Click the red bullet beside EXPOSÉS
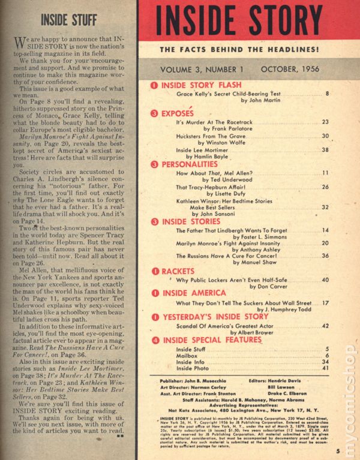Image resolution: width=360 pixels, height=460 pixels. [x=154, y=112]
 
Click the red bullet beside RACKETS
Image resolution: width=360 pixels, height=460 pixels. [x=154, y=271]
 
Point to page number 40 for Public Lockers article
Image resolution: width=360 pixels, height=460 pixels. [x=326, y=280]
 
